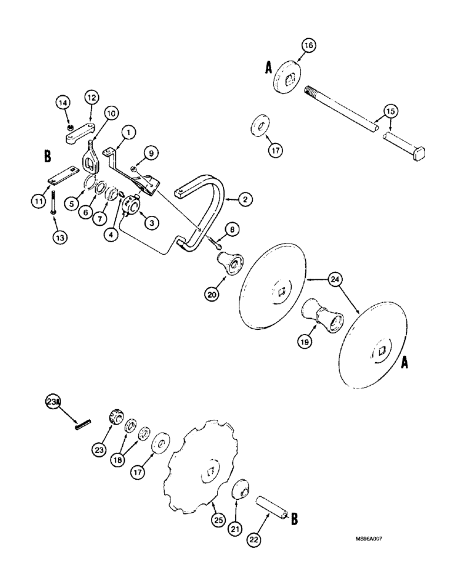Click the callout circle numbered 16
(x=309, y=45)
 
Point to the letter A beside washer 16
(x=268, y=69)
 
